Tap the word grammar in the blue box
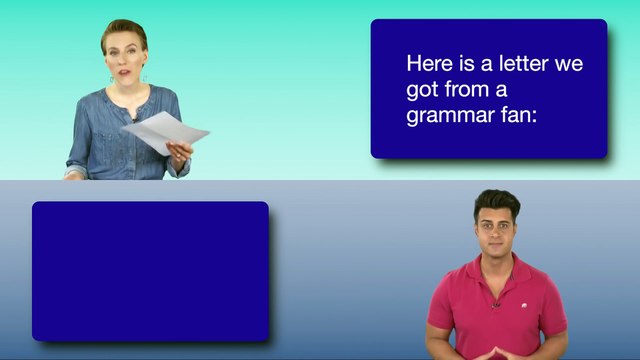[448, 116]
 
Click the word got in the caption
[421, 90]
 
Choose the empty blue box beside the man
[150, 270]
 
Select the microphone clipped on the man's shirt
[495, 303]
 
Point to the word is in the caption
[461, 64]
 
